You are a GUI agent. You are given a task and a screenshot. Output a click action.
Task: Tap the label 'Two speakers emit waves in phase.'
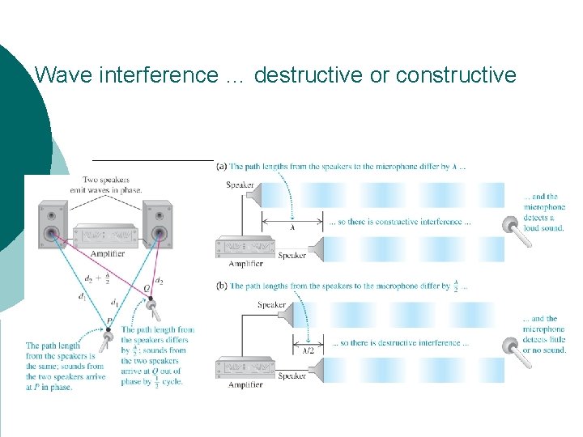pyautogui.click(x=112, y=185)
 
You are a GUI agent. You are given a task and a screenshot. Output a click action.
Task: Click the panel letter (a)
pyautogui.click(x=222, y=167)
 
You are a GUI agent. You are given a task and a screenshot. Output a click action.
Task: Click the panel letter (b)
pyautogui.click(x=222, y=286)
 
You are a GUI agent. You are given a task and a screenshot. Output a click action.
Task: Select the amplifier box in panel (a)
pyautogui.click(x=246, y=248)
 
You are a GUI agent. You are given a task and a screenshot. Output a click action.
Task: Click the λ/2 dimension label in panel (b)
pyautogui.click(x=308, y=350)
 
